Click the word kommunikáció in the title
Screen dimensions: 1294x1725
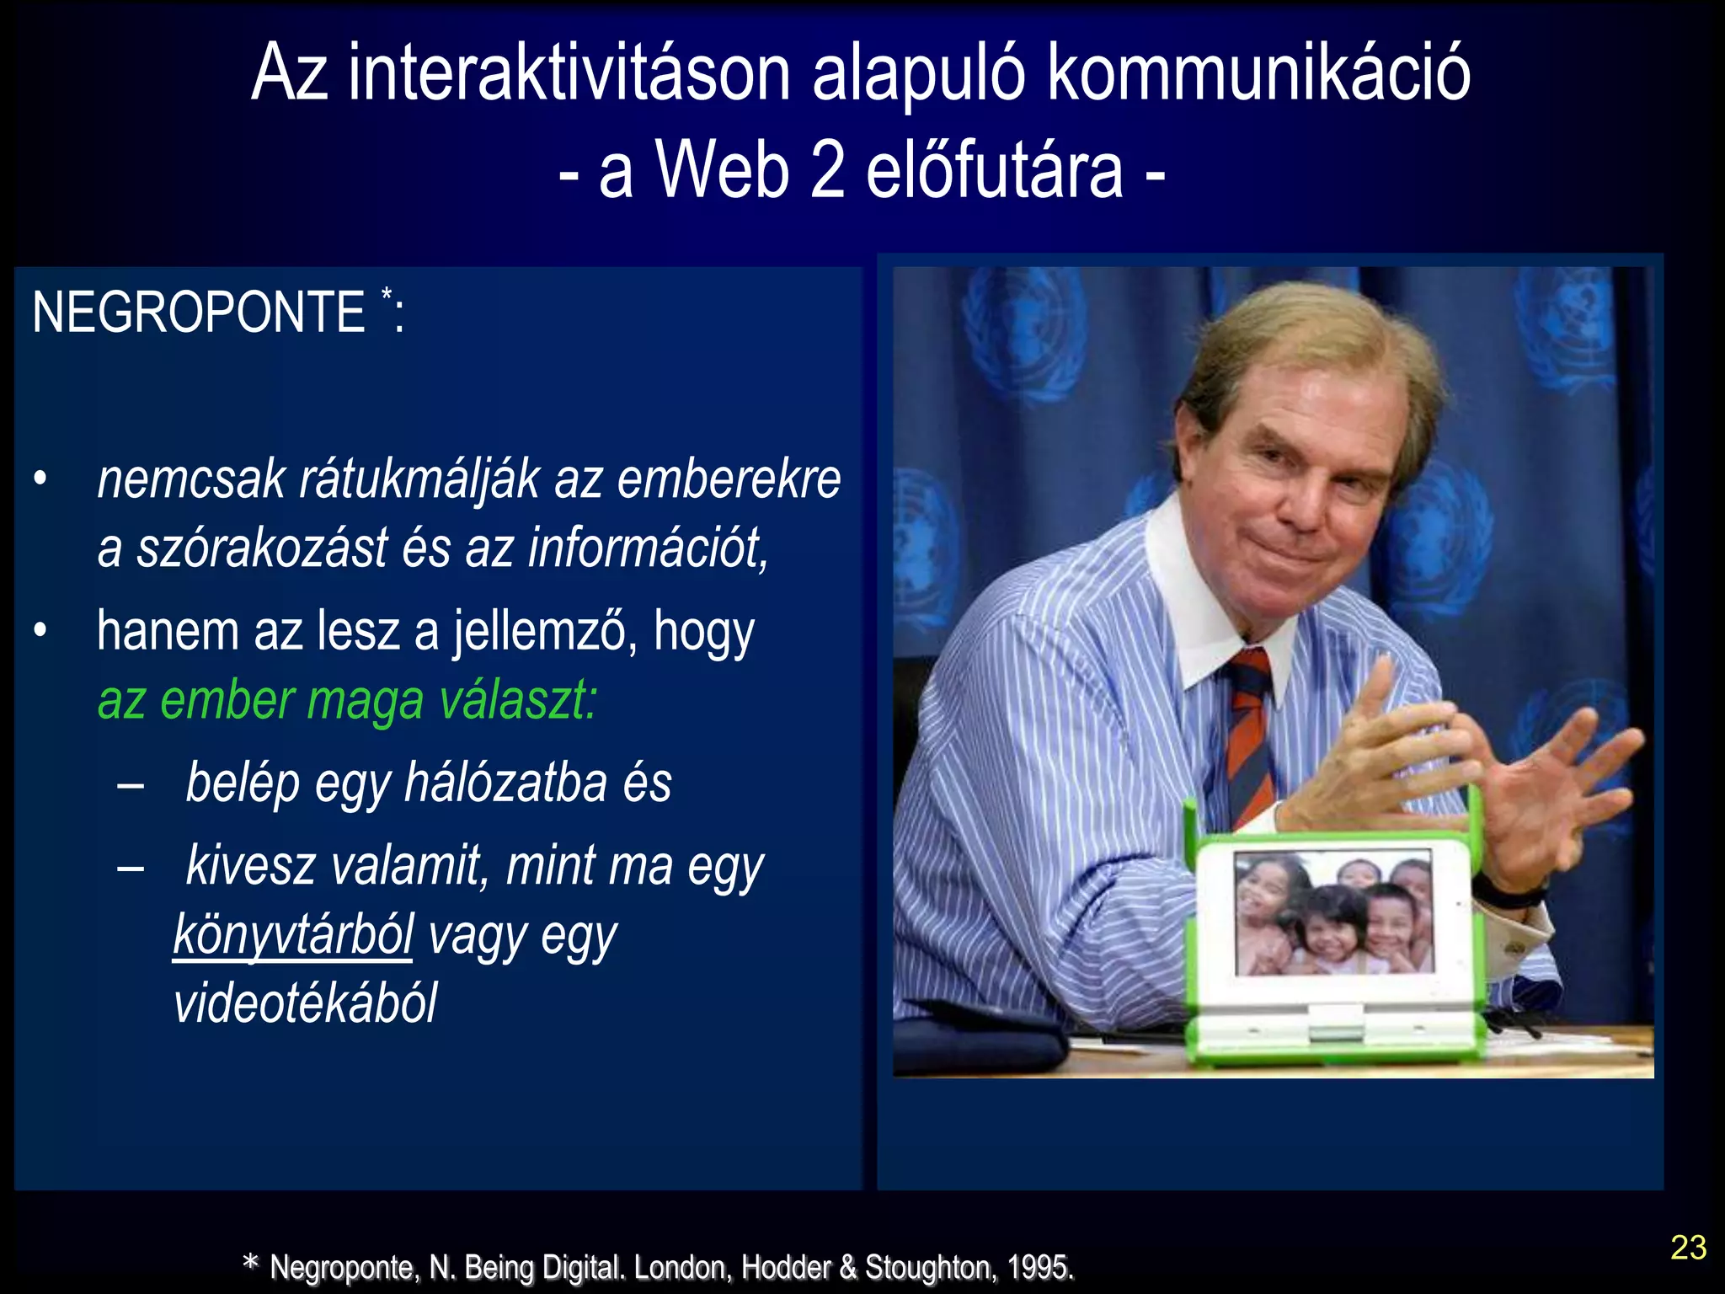(x=1258, y=74)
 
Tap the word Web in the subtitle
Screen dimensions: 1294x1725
(x=723, y=170)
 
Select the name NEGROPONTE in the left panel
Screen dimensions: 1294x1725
(x=198, y=313)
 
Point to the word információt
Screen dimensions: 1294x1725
(x=648, y=548)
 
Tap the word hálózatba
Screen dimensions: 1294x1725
(x=505, y=783)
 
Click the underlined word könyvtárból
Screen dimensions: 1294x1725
(x=293, y=935)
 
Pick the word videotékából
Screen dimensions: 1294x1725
(x=305, y=1003)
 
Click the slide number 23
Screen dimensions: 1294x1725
(x=1688, y=1248)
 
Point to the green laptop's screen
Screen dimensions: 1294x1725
(x=1333, y=912)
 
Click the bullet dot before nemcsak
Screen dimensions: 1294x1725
(x=40, y=479)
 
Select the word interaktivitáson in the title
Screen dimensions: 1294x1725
(x=569, y=74)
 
